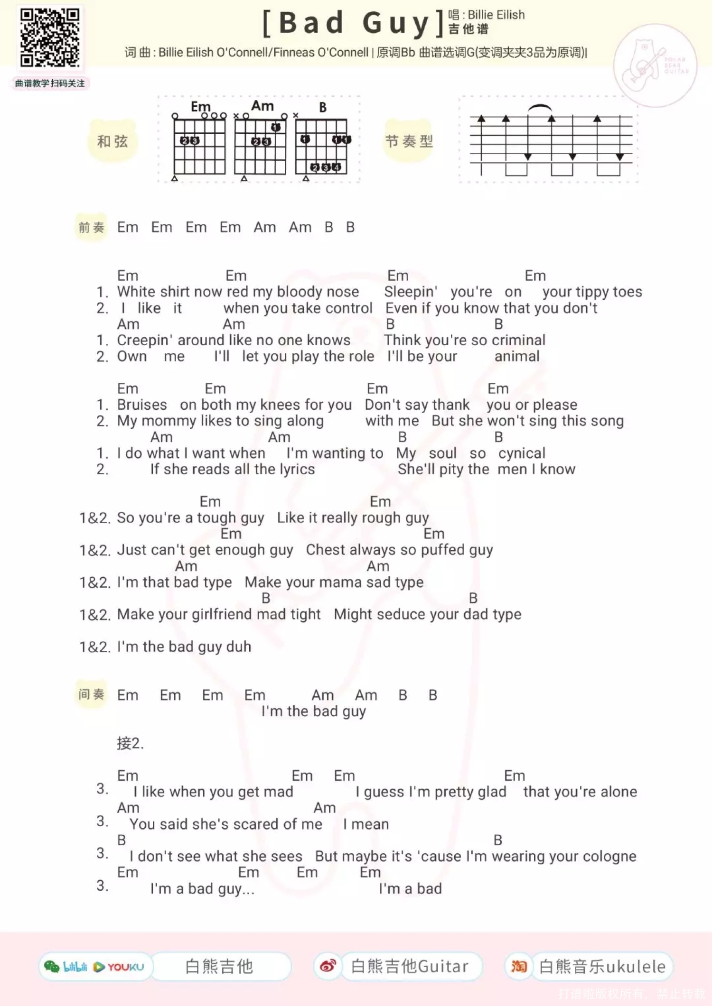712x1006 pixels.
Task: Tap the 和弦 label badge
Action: click(112, 141)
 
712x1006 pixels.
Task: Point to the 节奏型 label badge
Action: click(409, 141)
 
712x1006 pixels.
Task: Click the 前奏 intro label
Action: click(91, 228)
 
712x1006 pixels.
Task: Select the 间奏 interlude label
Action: click(91, 695)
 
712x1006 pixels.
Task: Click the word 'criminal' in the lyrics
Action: click(518, 340)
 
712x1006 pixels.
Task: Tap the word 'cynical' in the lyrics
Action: click(522, 453)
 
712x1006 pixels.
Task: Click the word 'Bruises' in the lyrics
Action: click(142, 405)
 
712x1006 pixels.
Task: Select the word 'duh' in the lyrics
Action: click(239, 647)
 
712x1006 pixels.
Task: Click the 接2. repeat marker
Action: click(130, 743)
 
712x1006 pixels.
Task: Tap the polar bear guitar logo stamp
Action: click(655, 65)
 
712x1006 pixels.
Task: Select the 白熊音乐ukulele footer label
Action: click(602, 967)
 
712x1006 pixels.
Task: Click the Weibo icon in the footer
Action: click(328, 966)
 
